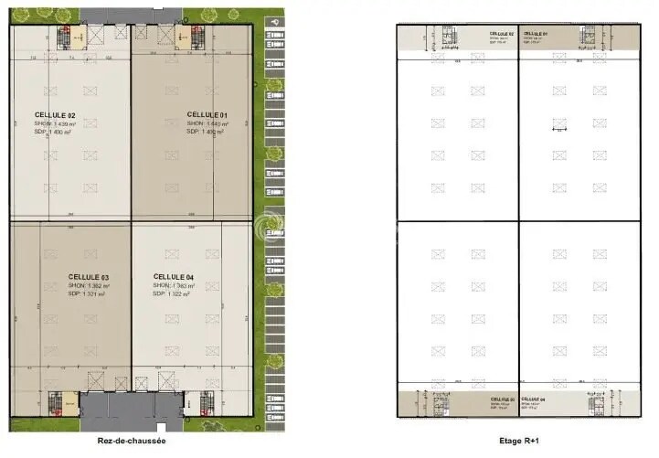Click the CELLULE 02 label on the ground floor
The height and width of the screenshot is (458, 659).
55,114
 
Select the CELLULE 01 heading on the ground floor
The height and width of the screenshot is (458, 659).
207,114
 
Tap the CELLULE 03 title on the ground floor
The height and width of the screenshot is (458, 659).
89,276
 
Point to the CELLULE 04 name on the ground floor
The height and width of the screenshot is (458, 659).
174,276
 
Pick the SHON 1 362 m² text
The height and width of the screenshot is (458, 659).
89,285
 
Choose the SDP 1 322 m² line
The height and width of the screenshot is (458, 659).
172,293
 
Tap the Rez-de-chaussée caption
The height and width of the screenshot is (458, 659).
132,440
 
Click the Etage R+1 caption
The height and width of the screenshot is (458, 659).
516,440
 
